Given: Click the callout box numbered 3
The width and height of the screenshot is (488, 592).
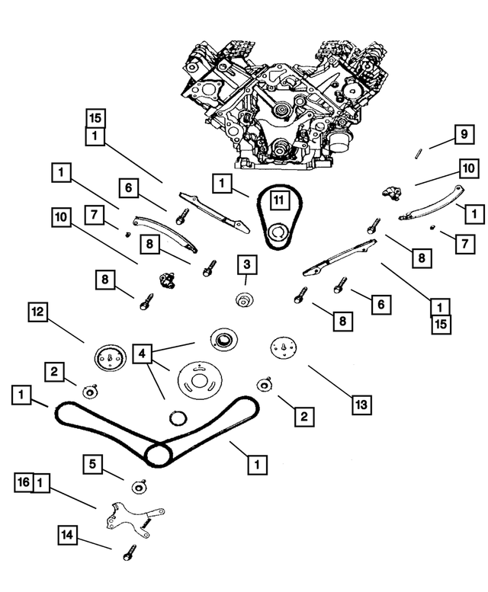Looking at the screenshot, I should [x=246, y=265].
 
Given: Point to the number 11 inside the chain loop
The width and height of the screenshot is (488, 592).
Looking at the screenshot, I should [x=279, y=201].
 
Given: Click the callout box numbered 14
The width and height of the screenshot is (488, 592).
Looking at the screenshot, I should [x=68, y=536].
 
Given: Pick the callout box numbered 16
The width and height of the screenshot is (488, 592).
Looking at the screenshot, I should [x=23, y=482].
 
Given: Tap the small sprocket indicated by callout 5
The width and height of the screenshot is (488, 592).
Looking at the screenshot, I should [x=140, y=488].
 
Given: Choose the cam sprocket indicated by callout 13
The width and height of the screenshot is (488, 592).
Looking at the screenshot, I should [x=283, y=347].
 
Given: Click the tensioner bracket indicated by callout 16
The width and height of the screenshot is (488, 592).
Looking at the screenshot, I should [x=133, y=516].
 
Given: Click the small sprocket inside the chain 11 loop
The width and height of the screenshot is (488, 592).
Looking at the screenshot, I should [x=279, y=231].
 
